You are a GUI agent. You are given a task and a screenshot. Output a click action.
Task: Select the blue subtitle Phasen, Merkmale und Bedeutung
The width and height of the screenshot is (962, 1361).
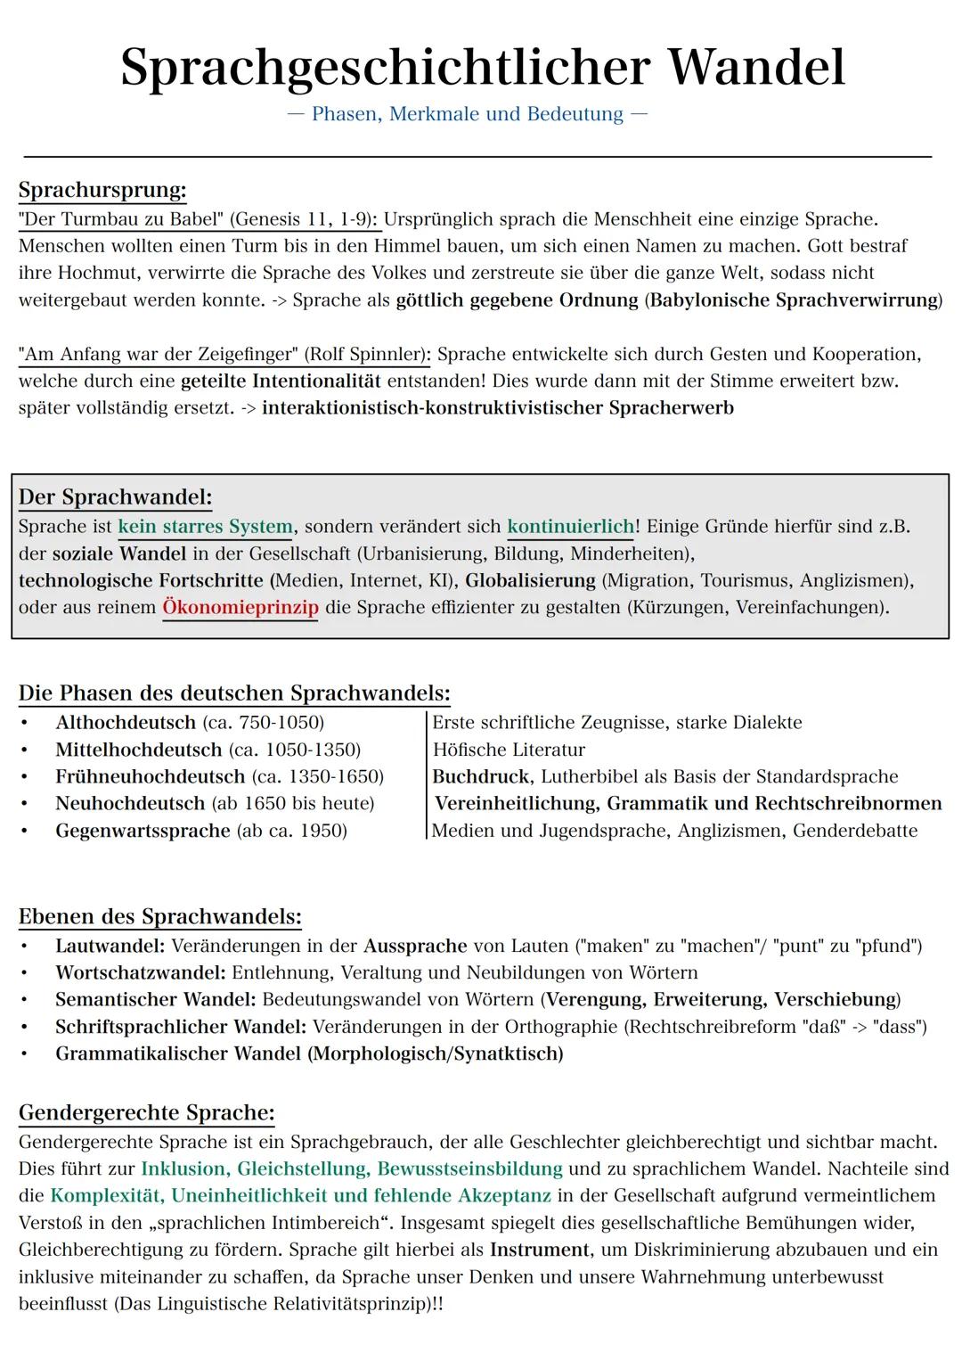468,114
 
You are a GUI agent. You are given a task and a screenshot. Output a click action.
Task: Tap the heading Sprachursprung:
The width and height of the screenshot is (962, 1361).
102,190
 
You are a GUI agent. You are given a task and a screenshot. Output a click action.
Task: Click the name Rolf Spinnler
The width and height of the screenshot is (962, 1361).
366,354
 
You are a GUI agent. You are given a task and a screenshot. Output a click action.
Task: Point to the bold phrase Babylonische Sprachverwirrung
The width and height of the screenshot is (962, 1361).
794,299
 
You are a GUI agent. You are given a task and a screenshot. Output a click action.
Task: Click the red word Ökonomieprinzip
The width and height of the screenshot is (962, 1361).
240,608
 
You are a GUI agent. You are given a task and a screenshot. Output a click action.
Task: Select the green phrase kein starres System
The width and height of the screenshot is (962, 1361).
205,527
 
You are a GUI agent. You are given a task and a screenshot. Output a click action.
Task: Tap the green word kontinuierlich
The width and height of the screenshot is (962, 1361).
570,527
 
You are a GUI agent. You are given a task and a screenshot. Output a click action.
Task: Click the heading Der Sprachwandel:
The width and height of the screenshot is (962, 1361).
116,496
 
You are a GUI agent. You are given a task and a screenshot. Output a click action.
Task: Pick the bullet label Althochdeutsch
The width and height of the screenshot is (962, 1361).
126,722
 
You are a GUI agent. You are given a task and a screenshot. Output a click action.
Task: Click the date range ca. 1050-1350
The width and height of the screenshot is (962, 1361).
295,750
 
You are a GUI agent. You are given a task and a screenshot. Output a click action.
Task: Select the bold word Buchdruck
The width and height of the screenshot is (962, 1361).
481,776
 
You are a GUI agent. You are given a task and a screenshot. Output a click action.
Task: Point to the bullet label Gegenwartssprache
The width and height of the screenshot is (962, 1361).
143,831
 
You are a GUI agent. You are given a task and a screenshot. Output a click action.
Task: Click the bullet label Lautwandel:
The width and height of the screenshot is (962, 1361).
110,946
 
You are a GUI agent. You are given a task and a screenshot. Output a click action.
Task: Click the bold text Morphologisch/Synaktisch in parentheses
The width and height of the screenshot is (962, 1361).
436,1054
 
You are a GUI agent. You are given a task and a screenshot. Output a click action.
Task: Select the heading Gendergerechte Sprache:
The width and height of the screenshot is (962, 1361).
147,1112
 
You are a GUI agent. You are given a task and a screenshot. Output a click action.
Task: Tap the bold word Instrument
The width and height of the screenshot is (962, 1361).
540,1250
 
